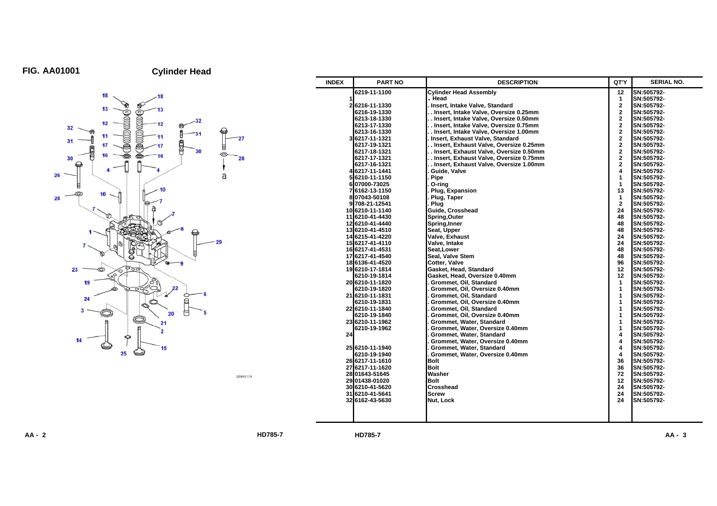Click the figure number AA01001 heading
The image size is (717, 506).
point(51,71)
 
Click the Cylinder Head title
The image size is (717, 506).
point(181,72)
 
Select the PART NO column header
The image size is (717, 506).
point(390,82)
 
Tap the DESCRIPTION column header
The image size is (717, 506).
point(517,82)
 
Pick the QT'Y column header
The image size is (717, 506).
point(620,82)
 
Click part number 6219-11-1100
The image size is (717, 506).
point(373,92)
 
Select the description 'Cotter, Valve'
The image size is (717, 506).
point(445,263)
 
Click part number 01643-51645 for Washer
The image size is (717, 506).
point(372,374)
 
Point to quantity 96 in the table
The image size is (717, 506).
point(620,263)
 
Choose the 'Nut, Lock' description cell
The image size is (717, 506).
point(441,400)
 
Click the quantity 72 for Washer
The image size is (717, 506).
point(620,374)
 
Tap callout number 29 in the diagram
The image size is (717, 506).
point(219,242)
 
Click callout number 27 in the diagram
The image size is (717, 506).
point(241,138)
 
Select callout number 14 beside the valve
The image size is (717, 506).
point(79,340)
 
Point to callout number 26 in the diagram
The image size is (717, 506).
point(57,175)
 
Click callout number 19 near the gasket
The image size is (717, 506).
point(87,282)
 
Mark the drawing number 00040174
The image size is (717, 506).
point(244,377)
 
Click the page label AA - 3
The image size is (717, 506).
point(676,435)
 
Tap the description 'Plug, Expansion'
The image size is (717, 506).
point(453,191)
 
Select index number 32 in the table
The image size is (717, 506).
point(349,400)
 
